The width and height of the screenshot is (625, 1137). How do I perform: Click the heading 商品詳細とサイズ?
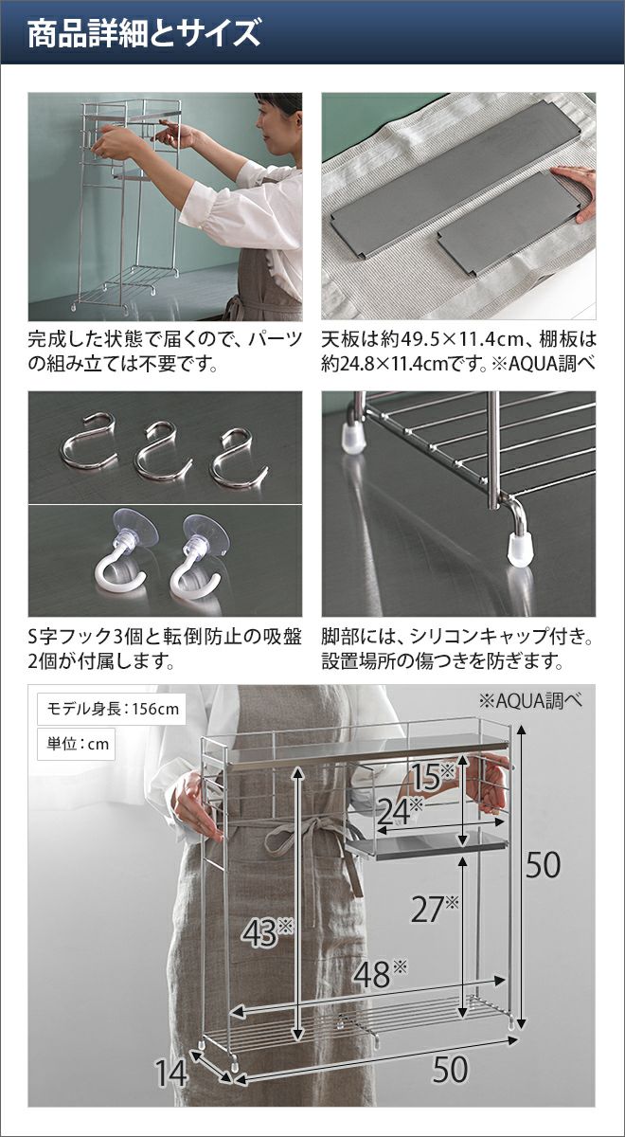click(x=144, y=33)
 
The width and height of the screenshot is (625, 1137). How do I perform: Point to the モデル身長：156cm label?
click(x=112, y=709)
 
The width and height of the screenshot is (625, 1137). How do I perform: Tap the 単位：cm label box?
click(x=76, y=744)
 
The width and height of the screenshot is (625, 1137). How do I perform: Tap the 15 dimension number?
click(x=431, y=776)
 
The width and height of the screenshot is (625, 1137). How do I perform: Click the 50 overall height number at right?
click(x=543, y=866)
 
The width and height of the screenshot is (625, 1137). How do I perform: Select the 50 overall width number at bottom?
click(x=450, y=1056)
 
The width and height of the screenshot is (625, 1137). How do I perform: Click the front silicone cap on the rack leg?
click(x=519, y=548)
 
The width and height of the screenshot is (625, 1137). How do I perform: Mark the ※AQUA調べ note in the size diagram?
click(x=530, y=701)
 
